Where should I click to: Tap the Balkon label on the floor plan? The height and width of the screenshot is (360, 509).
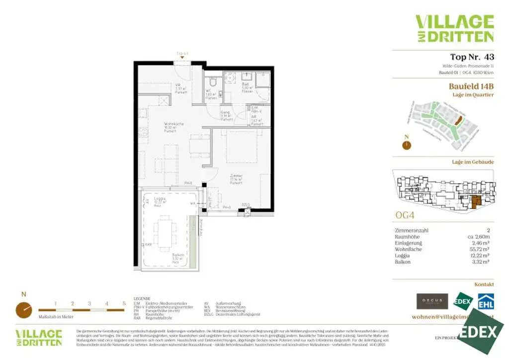178,257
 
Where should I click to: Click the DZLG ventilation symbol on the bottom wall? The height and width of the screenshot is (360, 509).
245,211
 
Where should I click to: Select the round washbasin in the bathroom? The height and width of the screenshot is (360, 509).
230,78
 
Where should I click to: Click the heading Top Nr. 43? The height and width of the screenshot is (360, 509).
472,57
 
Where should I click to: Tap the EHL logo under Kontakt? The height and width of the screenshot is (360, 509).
485,301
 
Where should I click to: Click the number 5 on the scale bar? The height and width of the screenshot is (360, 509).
124,303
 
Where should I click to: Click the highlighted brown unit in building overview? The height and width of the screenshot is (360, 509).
475,202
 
